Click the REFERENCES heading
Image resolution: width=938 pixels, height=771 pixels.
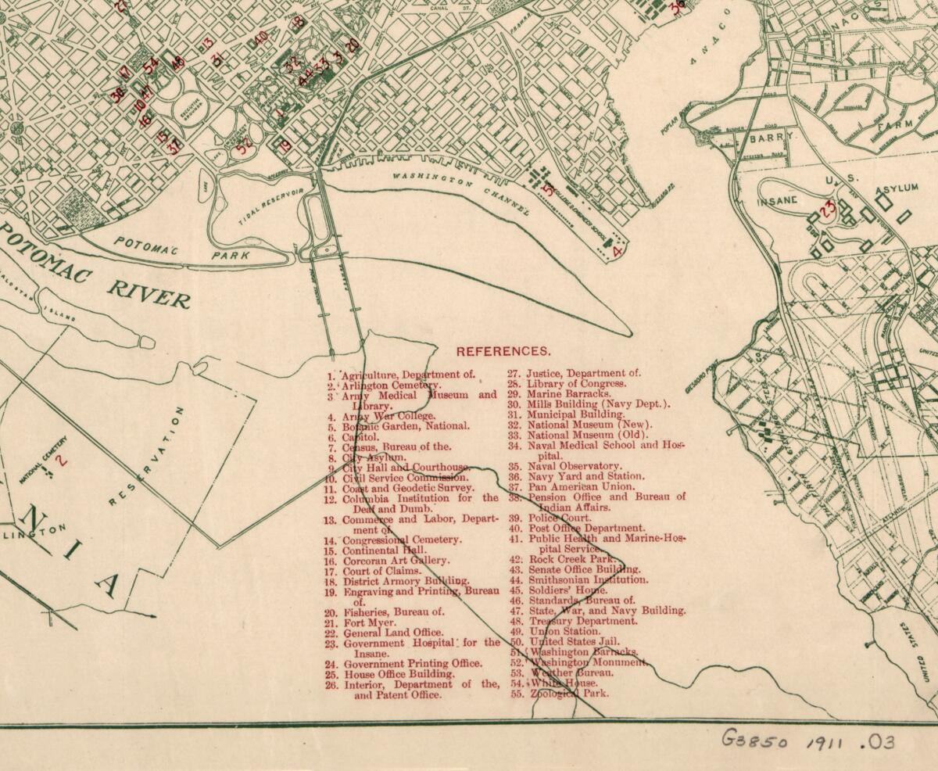503,352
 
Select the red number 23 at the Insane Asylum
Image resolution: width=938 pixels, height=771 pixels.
828,209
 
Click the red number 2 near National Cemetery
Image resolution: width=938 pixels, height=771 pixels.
62,461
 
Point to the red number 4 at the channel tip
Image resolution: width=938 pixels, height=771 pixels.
617,252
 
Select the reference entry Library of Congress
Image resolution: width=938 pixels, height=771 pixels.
576,384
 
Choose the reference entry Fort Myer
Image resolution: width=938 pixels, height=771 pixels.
369,622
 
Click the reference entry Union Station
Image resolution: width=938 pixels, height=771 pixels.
564,631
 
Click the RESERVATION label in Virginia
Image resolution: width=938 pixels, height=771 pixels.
145,457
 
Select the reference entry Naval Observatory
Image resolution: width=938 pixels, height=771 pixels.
575,466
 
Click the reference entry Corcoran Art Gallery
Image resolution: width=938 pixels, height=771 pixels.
396,561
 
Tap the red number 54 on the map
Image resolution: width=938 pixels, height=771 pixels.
150,63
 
